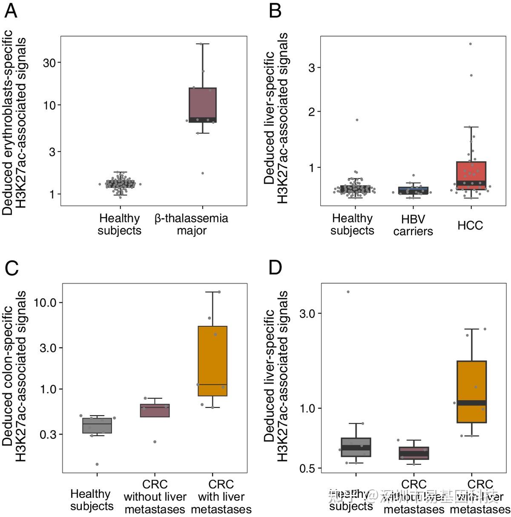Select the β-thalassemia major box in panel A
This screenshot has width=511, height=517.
(203, 105)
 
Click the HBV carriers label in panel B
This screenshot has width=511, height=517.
(413, 225)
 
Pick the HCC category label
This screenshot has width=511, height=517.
(470, 225)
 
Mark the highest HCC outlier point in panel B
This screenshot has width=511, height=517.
(471, 44)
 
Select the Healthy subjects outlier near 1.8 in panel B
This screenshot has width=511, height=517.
(357, 120)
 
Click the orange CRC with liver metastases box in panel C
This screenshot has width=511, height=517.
(212, 361)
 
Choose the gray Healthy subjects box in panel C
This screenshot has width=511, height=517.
(97, 425)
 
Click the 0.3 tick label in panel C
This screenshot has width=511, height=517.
(49, 434)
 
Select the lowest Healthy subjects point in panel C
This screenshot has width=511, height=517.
(97, 464)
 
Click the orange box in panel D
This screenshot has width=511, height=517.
(472, 391)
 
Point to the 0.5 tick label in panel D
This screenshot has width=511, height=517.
(308, 468)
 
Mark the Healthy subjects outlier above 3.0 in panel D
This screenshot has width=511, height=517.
(348, 292)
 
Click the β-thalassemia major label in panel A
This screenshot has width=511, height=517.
(192, 224)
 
